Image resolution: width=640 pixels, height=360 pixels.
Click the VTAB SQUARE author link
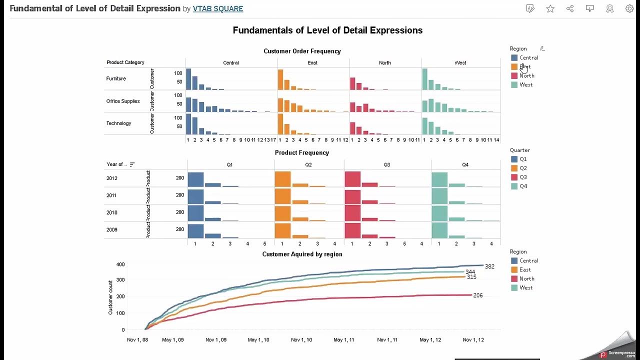[218, 8]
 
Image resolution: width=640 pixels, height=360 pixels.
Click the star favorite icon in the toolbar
[550, 8]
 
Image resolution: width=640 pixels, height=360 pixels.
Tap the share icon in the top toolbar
[570, 8]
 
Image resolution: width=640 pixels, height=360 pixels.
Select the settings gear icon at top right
[629, 8]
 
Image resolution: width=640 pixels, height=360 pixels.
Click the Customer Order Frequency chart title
[302, 51]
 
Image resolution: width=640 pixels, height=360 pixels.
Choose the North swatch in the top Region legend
[514, 75]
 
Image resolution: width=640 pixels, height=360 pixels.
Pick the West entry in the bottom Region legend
[525, 287]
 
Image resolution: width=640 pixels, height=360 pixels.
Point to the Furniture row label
[116, 78]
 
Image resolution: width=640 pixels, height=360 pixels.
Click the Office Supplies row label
[123, 101]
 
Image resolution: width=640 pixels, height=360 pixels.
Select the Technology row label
[118, 123]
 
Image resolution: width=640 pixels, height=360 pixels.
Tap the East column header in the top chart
[312, 63]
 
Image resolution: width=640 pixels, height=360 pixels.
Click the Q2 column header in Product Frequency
[308, 164]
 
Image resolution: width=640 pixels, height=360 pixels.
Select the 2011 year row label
[111, 195]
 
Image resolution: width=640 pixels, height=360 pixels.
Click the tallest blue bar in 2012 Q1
[195, 179]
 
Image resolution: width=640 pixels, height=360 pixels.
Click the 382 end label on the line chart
[489, 266]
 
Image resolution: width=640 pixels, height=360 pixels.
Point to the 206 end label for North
[477, 295]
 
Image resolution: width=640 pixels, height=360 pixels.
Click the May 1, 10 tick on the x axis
[258, 340]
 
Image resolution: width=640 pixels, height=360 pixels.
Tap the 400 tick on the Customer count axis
[120, 264]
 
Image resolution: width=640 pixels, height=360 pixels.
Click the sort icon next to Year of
[132, 164]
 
